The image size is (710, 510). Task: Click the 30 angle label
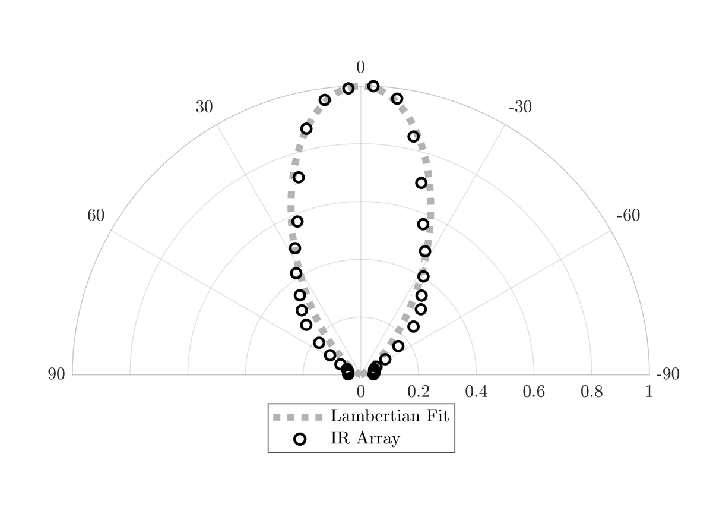(x=204, y=107)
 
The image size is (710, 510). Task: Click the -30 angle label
(x=520, y=107)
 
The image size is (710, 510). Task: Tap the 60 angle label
(x=96, y=215)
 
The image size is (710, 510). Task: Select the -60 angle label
(x=628, y=215)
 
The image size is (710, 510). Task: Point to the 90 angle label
(x=56, y=374)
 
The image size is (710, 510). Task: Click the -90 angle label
(x=667, y=374)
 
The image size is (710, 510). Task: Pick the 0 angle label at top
(x=360, y=68)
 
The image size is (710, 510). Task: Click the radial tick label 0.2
(x=419, y=391)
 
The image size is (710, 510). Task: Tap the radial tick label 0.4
(x=476, y=391)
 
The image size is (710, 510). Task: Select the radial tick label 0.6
(x=534, y=391)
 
